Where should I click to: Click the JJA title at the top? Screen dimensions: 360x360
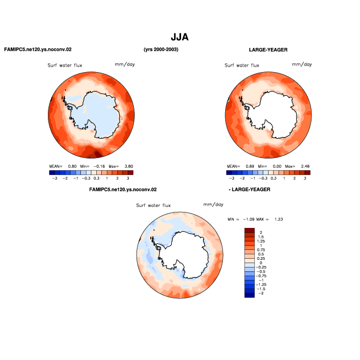tap(179, 37)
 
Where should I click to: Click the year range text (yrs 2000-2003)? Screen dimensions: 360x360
tap(161, 50)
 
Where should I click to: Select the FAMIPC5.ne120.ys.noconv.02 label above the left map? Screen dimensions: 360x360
tap(38, 50)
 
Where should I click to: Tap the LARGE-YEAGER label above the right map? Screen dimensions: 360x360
tap(268, 50)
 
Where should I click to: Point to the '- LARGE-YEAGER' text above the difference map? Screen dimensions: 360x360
tap(249, 189)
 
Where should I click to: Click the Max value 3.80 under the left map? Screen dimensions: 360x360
tap(129, 166)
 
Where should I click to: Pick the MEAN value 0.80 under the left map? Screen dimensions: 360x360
tap(72, 166)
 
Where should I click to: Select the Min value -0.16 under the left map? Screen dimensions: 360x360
tap(99, 166)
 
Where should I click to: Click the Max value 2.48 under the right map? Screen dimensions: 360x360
tap(305, 166)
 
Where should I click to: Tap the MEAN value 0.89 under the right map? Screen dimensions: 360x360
tap(250, 166)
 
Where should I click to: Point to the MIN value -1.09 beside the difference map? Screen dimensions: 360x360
tap(249, 219)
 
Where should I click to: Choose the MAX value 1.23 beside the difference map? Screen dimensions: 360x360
tap(279, 219)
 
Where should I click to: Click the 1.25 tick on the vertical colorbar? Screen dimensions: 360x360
tap(261, 241)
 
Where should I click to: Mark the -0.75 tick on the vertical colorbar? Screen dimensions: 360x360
tap(261, 276)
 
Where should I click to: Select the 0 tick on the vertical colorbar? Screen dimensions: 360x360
tap(261, 263)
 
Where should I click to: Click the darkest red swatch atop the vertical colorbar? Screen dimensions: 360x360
tap(249, 230)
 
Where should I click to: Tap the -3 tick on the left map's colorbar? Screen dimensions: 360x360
tap(54, 178)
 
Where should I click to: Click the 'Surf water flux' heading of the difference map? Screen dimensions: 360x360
tap(154, 205)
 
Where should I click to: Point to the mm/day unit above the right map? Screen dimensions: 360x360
tap(302, 64)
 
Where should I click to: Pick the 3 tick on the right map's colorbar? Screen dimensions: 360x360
tap(305, 178)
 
